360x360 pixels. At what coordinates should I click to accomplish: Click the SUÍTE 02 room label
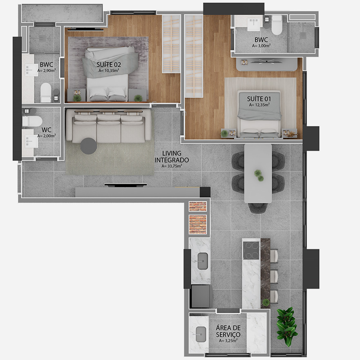point(109,64)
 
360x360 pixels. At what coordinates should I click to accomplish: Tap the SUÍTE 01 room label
point(259,99)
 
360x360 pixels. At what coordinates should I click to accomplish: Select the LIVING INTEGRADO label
point(172,157)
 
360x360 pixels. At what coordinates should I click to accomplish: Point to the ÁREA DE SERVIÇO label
point(228,331)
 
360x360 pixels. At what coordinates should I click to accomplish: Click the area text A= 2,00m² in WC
point(47,136)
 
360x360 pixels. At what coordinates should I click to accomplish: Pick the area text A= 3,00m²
point(261,46)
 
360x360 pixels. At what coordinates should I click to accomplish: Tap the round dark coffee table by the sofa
point(89,146)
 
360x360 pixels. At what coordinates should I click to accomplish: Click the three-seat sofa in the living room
point(109,126)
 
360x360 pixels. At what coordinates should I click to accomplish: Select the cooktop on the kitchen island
point(251,251)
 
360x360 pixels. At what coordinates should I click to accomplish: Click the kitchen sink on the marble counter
point(203,261)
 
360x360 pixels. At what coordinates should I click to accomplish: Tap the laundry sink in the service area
point(201,334)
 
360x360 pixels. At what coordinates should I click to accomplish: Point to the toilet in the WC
point(32,121)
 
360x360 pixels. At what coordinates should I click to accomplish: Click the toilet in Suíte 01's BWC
point(277,25)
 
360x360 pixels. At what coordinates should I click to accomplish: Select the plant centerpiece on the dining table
point(259,175)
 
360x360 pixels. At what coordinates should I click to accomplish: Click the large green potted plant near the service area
point(287,327)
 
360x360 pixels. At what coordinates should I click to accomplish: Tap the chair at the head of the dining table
point(258,207)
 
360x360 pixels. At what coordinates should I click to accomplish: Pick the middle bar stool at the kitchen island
point(274,277)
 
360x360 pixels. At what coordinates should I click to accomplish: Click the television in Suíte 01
point(267,61)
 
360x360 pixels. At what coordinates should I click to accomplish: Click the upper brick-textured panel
point(198,206)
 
